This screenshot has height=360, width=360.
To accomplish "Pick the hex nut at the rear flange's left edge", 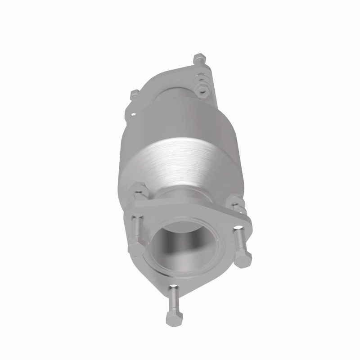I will coord(134,95).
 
